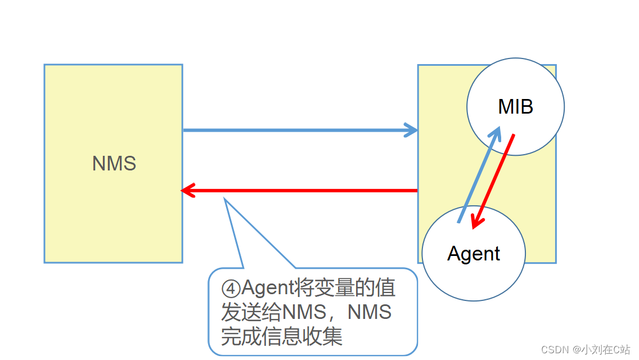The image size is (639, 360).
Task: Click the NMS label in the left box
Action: (114, 164)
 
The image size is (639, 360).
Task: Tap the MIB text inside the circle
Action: (515, 106)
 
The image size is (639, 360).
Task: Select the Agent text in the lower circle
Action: (474, 254)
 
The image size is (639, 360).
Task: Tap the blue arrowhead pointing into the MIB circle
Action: (496, 133)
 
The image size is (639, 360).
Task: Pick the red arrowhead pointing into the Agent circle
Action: (476, 223)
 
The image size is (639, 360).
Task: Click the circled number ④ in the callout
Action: (231, 289)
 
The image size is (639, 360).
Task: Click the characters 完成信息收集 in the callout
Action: (281, 336)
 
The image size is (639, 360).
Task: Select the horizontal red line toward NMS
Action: (304, 191)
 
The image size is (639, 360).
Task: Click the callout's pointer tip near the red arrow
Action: (225, 199)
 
